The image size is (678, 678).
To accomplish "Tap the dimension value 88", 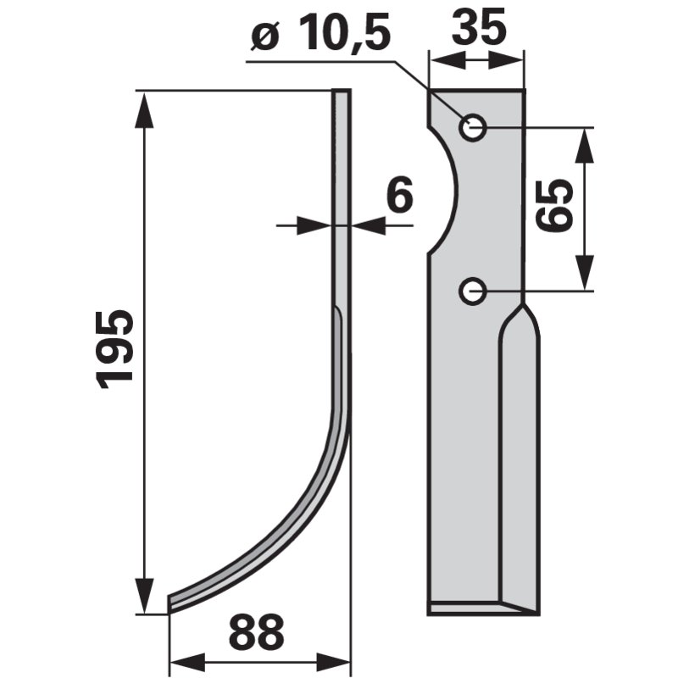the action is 257,631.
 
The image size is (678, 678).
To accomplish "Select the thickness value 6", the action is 399,195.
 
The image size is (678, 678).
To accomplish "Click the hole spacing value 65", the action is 554,206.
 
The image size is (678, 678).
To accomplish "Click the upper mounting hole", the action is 473,128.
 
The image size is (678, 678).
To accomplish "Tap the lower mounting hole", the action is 473,291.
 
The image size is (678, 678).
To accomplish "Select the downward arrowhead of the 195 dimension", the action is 144,596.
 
